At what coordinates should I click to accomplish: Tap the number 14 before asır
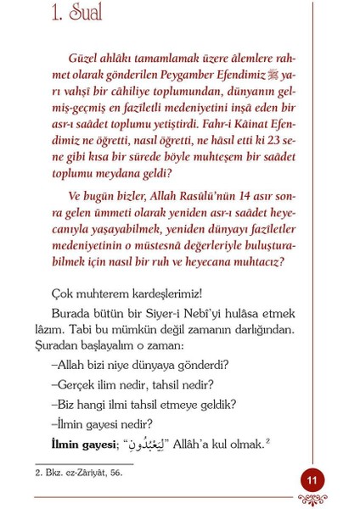[x=242, y=197]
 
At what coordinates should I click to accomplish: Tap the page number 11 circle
[x=312, y=480]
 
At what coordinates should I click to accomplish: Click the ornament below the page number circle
[x=312, y=501]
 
